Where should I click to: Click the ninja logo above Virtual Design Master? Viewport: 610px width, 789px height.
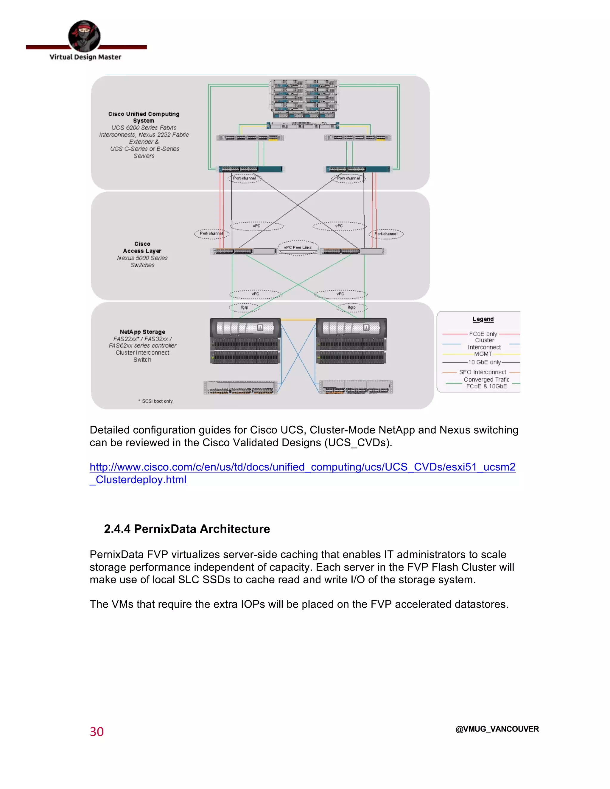[84, 36]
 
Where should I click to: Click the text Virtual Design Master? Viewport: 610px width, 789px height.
[85, 57]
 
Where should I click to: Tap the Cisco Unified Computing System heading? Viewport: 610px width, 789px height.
[144, 117]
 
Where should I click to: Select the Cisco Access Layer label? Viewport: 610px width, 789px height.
[142, 247]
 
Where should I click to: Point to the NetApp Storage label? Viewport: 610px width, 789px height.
[142, 332]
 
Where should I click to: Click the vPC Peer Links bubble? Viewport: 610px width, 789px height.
[298, 247]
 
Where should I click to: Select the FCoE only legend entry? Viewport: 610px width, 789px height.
[483, 334]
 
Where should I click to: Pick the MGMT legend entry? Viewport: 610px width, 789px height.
[483, 354]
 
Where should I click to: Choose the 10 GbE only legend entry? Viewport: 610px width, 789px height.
[484, 362]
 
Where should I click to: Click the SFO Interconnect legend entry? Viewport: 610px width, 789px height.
[483, 372]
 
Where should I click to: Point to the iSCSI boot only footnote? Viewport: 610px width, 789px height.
[155, 401]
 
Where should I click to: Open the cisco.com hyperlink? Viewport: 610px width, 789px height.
[302, 467]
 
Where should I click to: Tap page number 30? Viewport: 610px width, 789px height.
[97, 732]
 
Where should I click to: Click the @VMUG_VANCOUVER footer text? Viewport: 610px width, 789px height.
[497, 729]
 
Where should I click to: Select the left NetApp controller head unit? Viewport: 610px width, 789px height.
[245, 328]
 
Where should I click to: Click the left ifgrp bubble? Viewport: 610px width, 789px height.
[244, 308]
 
